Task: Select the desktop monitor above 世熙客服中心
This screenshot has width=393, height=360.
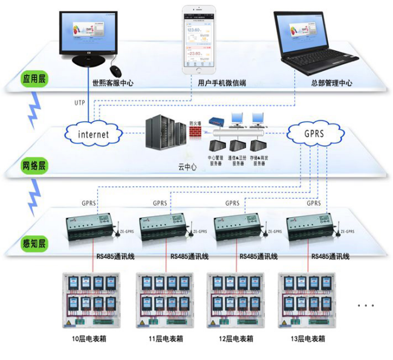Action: [x=86, y=38]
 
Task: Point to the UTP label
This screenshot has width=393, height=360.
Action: [x=80, y=102]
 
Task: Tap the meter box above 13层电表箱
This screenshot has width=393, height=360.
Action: [x=305, y=301]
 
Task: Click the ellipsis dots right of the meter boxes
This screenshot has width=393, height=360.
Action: [x=366, y=306]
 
